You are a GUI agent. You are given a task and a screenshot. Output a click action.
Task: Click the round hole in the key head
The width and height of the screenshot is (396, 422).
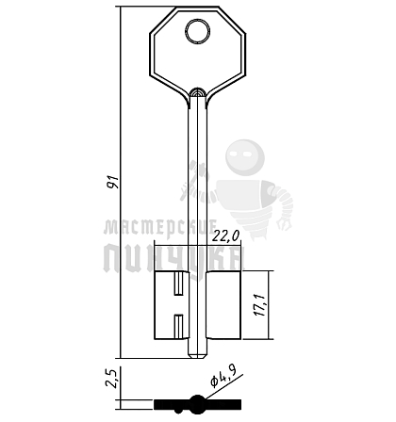pyautogui.click(x=197, y=31)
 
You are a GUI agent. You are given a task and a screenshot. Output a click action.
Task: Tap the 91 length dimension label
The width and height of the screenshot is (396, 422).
pyautogui.click(x=112, y=182)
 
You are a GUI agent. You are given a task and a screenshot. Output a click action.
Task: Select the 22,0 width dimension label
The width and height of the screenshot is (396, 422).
pyautogui.click(x=225, y=235)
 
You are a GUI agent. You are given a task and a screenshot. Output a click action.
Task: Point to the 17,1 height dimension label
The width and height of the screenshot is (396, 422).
pyautogui.click(x=261, y=305)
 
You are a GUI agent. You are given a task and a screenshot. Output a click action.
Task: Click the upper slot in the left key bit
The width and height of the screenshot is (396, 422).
pyautogui.click(x=178, y=284)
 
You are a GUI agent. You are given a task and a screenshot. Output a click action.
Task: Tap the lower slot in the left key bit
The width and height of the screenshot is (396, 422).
pyautogui.click(x=178, y=326)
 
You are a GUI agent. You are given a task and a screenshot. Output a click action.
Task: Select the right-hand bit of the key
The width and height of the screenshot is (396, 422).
pyautogui.click(x=223, y=305)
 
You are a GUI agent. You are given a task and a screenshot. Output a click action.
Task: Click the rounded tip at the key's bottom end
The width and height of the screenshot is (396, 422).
pyautogui.click(x=197, y=355)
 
